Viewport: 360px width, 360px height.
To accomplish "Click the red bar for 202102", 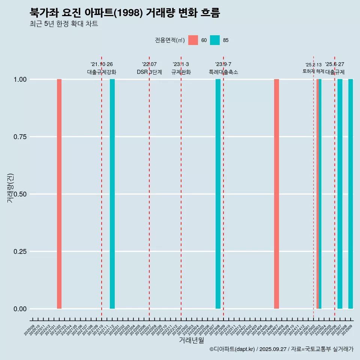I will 59,194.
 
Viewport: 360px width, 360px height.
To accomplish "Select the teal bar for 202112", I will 112,194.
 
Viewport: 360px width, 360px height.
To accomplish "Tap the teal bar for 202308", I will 218,194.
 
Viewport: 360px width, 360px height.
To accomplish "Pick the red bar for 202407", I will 276,194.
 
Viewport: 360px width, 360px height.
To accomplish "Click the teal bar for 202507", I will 340,194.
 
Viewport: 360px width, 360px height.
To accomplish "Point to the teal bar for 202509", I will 351,194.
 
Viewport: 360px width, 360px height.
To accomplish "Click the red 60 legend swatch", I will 193,40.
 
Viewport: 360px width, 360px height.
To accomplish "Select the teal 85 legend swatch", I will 215,40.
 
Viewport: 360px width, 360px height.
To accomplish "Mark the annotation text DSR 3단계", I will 149,72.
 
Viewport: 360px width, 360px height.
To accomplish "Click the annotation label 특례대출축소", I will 223,72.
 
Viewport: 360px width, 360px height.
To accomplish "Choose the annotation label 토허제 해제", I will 313,71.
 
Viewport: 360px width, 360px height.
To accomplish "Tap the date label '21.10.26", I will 102,64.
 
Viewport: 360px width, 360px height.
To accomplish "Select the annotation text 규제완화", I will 181,72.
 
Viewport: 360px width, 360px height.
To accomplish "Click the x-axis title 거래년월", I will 191,340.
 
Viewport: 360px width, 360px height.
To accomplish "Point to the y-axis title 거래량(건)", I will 10,187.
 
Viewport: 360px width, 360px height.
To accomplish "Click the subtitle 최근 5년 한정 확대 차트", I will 64,24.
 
